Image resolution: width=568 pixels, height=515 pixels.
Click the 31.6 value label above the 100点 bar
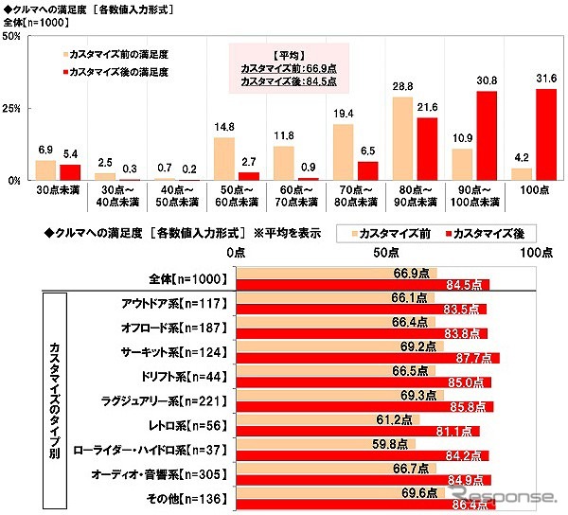pyautogui.click(x=545, y=78)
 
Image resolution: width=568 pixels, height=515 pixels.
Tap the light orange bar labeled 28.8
pyautogui.click(x=402, y=139)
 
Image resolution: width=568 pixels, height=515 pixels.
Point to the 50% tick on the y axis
pyautogui.click(x=13, y=36)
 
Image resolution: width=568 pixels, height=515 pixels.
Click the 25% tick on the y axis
pyautogui.click(x=13, y=108)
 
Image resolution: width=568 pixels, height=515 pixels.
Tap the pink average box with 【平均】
pyautogui.click(x=290, y=67)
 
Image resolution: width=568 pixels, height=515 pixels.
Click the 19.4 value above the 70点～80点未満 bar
pyautogui.click(x=343, y=114)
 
